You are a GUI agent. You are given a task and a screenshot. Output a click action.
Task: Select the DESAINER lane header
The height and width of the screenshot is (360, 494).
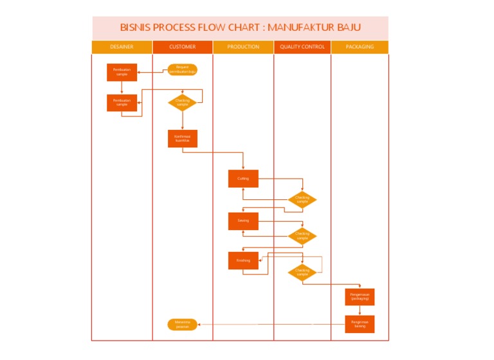[122, 47]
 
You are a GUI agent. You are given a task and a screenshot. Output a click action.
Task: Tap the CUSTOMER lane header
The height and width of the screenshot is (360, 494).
[183, 47]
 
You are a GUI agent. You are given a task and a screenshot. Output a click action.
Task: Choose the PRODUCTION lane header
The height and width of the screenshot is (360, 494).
[243, 47]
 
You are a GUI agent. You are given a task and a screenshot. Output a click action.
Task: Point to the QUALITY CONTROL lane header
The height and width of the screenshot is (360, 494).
[302, 47]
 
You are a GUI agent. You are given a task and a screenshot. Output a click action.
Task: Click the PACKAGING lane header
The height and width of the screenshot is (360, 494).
[360, 47]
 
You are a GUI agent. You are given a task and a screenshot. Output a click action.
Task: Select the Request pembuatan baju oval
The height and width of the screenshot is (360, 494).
[183, 69]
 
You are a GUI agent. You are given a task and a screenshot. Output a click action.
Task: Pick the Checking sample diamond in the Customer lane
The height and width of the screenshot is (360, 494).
[183, 102]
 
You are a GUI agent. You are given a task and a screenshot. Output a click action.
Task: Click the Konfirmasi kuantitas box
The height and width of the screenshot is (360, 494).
[183, 138]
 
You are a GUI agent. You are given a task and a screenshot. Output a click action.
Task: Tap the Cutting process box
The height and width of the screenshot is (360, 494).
[243, 179]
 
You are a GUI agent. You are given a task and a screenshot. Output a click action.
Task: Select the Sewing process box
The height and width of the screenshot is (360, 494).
[243, 221]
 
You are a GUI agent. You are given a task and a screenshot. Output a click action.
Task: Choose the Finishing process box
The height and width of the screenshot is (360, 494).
[243, 260]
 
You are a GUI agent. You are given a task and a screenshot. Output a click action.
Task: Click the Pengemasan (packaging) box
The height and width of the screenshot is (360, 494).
[360, 296]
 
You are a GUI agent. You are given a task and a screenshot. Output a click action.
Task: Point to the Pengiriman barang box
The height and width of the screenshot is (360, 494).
[360, 324]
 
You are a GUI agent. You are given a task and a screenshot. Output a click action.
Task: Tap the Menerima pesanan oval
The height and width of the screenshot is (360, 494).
[182, 324]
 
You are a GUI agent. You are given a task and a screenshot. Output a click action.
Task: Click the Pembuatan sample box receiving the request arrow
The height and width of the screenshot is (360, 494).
[122, 72]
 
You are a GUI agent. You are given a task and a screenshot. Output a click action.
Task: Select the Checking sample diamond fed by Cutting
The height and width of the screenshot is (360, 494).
[302, 200]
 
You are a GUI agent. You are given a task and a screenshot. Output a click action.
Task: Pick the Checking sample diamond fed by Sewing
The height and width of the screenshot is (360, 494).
[302, 236]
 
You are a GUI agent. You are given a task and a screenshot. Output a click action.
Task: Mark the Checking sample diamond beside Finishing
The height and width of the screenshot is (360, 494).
[302, 272]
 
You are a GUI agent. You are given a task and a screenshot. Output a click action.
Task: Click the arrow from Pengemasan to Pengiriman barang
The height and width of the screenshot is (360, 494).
[360, 310]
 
